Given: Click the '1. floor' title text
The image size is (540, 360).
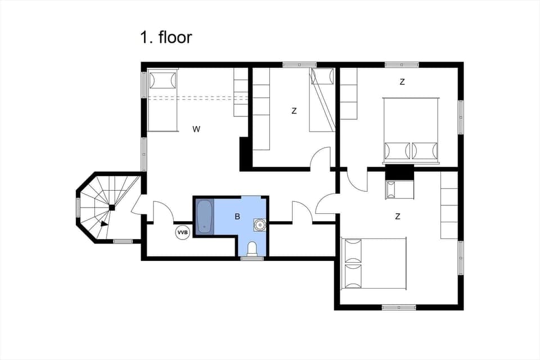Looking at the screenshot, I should click(x=166, y=38).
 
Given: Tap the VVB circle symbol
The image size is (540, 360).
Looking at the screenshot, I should click(x=183, y=232).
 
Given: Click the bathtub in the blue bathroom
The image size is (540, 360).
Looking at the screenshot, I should click(x=204, y=217).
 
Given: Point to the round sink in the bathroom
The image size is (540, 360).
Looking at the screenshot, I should click(x=259, y=225).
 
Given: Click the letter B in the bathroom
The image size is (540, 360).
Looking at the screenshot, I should click(x=237, y=217).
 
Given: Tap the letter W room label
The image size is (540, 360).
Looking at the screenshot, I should click(x=196, y=129).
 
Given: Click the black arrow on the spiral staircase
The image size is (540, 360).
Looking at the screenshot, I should click(x=103, y=223).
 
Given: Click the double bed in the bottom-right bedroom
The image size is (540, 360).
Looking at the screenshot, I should click(x=373, y=263).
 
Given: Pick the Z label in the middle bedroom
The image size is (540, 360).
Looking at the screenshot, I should click(x=294, y=111).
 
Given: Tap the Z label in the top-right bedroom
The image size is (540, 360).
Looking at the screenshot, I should click(x=402, y=82).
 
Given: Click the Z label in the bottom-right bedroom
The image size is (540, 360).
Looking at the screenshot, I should click(x=398, y=216).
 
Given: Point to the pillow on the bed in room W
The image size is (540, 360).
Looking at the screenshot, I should click(x=163, y=80).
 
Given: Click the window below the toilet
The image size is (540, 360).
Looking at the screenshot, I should click(x=252, y=258).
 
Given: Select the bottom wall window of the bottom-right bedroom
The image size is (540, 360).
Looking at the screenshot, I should click(x=399, y=307).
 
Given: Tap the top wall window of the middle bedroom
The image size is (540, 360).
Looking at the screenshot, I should click(x=299, y=65).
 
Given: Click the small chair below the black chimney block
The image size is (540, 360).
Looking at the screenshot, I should click(x=399, y=189).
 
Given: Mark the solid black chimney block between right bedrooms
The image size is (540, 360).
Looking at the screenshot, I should click(x=399, y=172).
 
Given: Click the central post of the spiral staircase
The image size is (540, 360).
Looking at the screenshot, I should click(x=112, y=208).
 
